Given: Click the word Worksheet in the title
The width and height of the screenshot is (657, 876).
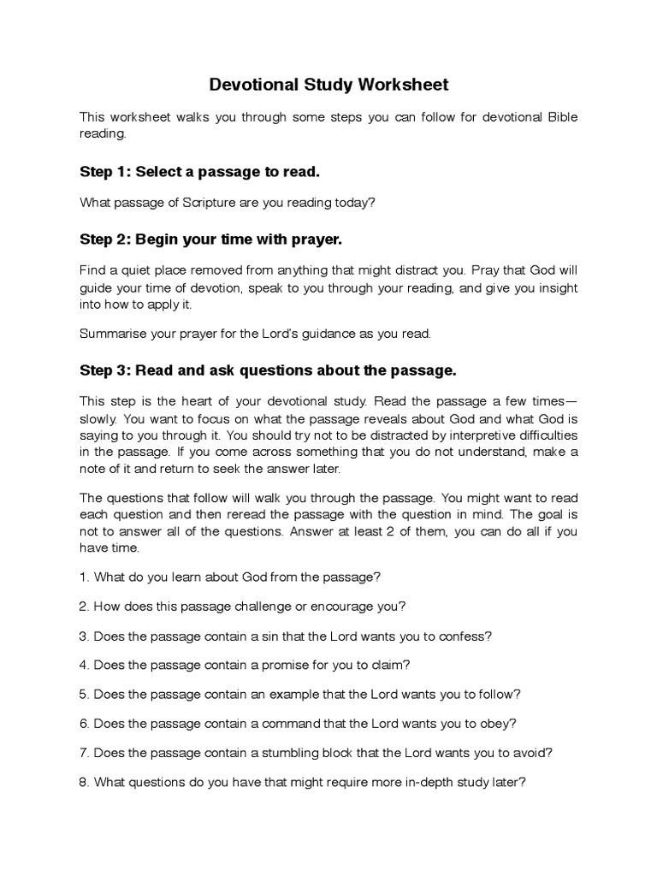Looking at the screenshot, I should pyautogui.click(x=403, y=85).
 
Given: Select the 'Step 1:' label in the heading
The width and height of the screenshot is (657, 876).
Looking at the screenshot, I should pyautogui.click(x=105, y=172).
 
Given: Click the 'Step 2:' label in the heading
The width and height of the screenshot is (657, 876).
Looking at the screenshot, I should pyautogui.click(x=105, y=239).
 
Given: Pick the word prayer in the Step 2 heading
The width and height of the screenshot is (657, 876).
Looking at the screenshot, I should pyautogui.click(x=316, y=239).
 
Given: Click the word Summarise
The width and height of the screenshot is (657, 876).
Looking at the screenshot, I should pyautogui.click(x=112, y=333).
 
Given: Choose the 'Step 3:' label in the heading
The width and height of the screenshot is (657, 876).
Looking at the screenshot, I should pyautogui.click(x=105, y=370).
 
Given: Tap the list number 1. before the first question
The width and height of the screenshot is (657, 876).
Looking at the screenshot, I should pyautogui.click(x=85, y=577).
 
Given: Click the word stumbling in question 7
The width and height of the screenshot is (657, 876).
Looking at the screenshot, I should pyautogui.click(x=290, y=753).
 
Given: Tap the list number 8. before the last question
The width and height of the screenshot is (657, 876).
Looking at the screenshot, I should pyautogui.click(x=85, y=782).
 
